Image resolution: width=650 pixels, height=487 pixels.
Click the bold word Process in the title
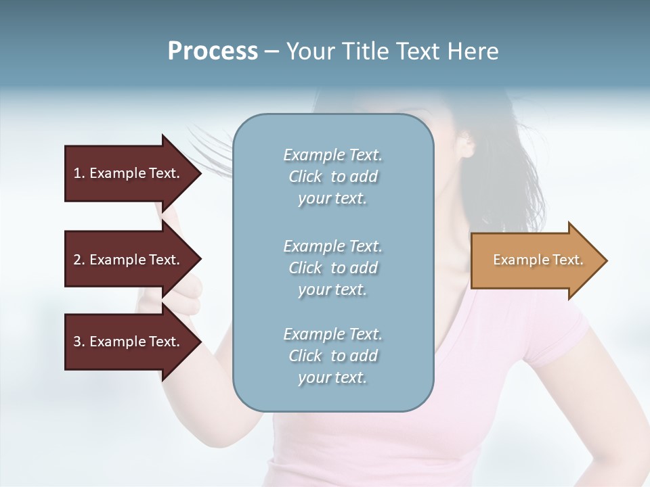[213, 51]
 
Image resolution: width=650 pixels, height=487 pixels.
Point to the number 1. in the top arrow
[79, 173]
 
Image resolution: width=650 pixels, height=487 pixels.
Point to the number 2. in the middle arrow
[79, 260]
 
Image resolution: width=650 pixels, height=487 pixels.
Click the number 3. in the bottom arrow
[79, 342]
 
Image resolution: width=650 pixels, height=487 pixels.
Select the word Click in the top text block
[305, 177]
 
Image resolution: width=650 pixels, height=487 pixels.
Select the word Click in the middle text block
[305, 268]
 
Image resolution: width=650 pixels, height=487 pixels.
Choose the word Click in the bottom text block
[305, 356]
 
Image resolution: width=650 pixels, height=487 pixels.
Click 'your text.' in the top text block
[332, 199]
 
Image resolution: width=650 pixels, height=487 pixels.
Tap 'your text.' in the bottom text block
[332, 377]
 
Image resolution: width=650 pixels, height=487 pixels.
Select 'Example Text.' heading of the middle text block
[332, 246]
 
